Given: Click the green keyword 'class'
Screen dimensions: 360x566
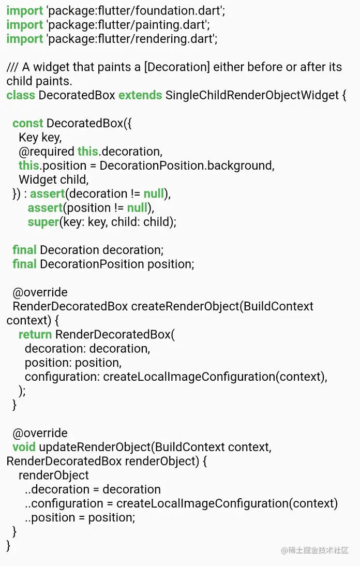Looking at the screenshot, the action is coord(21,95).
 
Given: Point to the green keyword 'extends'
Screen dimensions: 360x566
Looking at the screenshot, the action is coord(140,95).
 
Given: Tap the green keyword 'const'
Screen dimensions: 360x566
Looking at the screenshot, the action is coord(28,123).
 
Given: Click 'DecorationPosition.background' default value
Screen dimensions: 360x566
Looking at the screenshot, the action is coord(187,166).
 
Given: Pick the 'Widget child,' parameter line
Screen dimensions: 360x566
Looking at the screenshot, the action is coord(54,180).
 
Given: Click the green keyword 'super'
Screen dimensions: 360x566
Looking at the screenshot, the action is coord(43,222).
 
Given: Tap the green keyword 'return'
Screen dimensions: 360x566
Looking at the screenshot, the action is coord(35,334).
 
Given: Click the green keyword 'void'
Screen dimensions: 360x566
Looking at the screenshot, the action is coord(24,447).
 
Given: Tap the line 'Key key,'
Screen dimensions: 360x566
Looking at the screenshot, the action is coord(40,138).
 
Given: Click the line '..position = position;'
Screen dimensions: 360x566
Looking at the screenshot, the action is coord(80,517).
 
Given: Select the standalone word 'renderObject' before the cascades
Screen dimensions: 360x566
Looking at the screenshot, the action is coord(54,475).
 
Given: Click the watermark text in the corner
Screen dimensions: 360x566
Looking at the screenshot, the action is coord(315,550).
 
